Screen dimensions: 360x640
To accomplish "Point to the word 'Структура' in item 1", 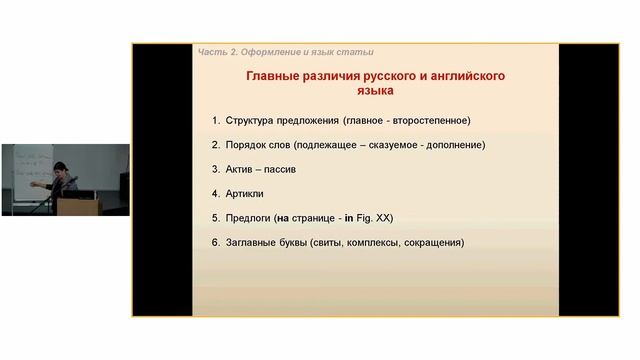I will click(253, 121).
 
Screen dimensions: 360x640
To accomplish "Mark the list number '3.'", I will click(215, 169).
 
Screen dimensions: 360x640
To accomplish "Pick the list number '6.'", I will click(215, 242).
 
